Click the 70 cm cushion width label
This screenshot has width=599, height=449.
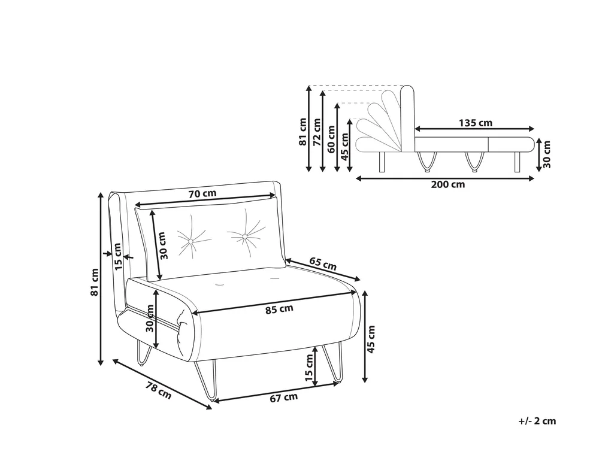pos(202,193)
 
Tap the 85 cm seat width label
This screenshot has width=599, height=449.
pos(279,309)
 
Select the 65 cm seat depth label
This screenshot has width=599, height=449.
pos(323,264)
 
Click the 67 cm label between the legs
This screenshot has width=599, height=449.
pos(283,398)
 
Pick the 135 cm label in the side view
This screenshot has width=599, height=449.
pos(476,123)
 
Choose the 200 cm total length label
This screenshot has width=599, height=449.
pos(448,184)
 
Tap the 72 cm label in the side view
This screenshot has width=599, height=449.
pos(317,132)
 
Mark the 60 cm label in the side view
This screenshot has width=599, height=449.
pos(331,139)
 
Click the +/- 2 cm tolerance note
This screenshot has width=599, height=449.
pos(537,421)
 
